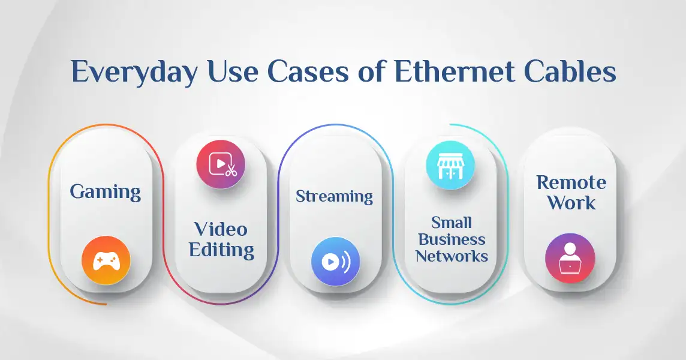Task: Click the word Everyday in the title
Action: pyautogui.click(x=134, y=72)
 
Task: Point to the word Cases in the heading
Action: pyautogui.click(x=308, y=72)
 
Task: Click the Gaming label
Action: pyautogui.click(x=106, y=192)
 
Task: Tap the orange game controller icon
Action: pyautogui.click(x=106, y=260)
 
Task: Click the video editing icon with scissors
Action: pyautogui.click(x=221, y=164)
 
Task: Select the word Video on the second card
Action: pyautogui.click(x=221, y=229)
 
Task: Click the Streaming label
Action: pyautogui.click(x=334, y=196)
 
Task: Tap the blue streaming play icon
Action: pyautogui.click(x=336, y=262)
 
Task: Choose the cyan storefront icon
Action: pyautogui.click(x=450, y=165)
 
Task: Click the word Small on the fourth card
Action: pyautogui.click(x=452, y=223)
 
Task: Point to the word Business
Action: pyautogui.click(x=452, y=239)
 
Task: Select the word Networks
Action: pyautogui.click(x=452, y=256)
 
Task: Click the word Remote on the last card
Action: pyautogui.click(x=571, y=182)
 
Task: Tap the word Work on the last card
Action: pyautogui.click(x=571, y=202)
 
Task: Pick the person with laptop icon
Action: pyautogui.click(x=570, y=258)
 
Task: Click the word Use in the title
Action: pyautogui.click(x=232, y=72)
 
